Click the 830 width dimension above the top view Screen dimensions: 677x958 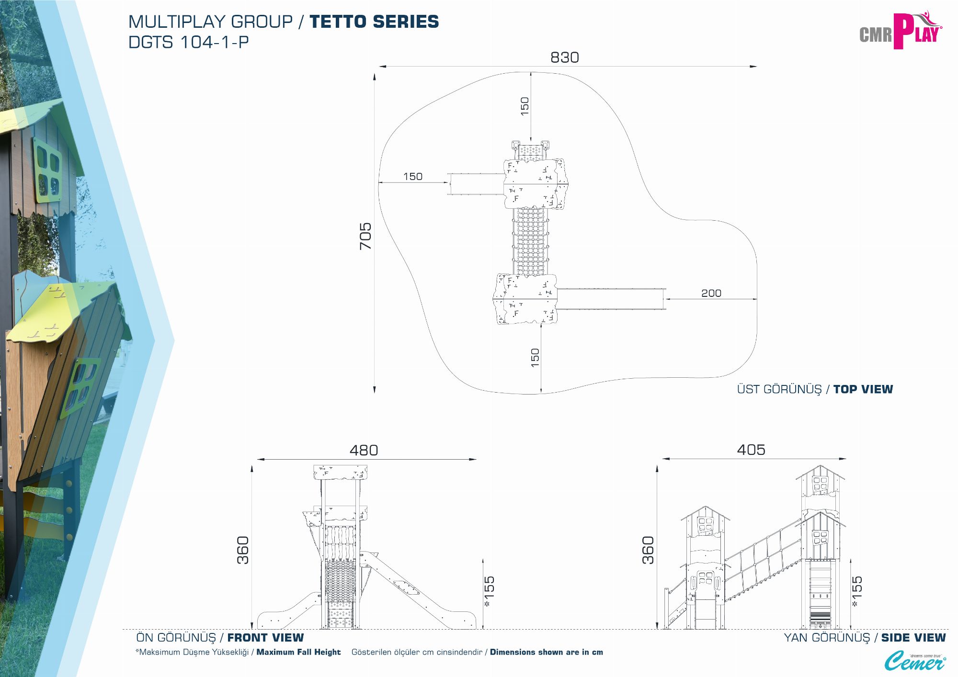(564, 57)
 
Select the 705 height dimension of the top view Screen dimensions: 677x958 (365, 236)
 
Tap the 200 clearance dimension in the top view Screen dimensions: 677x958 (711, 293)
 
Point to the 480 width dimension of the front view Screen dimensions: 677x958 (364, 450)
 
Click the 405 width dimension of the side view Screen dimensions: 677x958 (751, 450)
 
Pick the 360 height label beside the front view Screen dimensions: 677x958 (243, 550)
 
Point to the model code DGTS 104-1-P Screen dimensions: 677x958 (189, 42)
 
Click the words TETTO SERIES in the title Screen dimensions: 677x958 (374, 22)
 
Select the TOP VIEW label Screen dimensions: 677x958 (863, 389)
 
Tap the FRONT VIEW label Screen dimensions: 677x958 (265, 638)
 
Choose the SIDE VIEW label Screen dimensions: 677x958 (913, 638)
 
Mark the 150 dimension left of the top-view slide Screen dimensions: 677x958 (412, 177)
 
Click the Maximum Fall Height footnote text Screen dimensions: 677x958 (298, 652)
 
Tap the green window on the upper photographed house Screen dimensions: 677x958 (47, 169)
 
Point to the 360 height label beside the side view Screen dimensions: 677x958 (648, 550)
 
